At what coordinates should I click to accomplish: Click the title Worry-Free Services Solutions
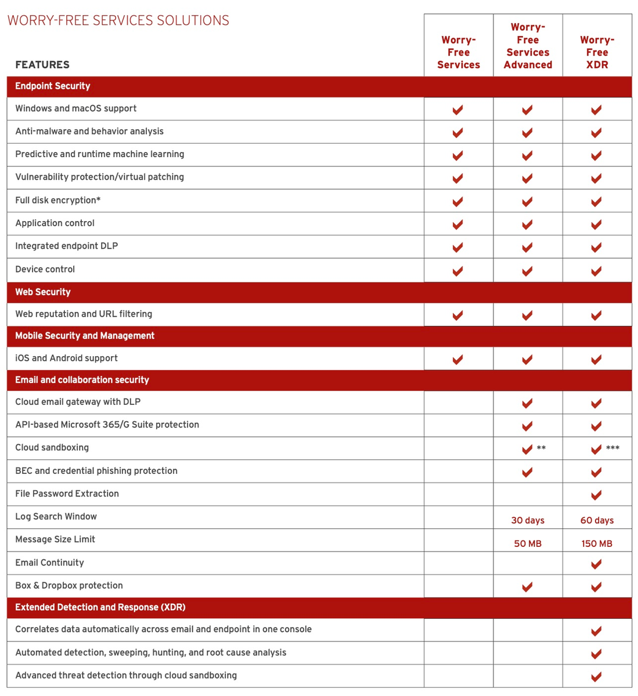118,20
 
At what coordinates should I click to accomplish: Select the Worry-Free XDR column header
597,52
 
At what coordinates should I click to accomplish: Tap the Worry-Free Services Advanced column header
528,46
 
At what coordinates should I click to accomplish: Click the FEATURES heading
42,64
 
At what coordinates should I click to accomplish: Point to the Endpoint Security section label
52,86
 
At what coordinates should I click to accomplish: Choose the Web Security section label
42,292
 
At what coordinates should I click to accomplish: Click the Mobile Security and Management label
85,336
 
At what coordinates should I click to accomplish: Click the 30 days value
528,520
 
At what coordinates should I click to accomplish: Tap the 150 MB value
597,543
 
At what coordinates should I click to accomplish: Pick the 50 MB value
528,543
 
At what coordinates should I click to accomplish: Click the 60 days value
597,520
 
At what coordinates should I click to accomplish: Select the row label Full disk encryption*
57,200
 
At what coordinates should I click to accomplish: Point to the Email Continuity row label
49,563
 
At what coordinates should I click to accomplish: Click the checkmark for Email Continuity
596,564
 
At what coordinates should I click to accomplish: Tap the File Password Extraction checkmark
596,495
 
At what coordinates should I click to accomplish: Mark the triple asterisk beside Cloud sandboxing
612,448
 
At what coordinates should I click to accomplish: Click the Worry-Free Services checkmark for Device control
458,271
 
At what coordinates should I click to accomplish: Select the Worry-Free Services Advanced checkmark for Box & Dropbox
527,587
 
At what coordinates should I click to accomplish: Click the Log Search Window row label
56,516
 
